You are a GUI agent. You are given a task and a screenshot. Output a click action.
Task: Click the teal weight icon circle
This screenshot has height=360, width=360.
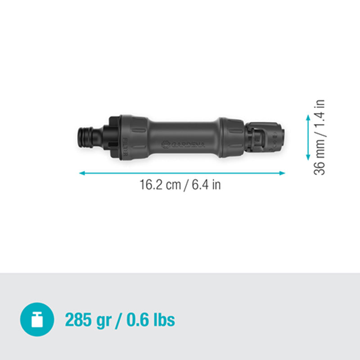[37, 320]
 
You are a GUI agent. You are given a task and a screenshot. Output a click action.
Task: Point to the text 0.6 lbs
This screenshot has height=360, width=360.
[150, 320]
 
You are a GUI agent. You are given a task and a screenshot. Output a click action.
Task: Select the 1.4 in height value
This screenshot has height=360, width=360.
[320, 115]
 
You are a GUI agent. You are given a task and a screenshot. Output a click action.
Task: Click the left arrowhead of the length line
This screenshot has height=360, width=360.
[81, 172]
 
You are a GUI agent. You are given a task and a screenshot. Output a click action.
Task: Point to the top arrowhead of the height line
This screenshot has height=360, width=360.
[308, 117]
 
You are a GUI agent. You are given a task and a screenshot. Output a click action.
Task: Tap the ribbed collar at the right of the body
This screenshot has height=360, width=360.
[230, 137]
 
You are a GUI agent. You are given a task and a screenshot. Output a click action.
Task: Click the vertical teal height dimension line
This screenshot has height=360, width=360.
[308, 137]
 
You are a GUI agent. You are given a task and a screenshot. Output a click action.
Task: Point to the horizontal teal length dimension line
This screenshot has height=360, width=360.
[182, 172]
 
